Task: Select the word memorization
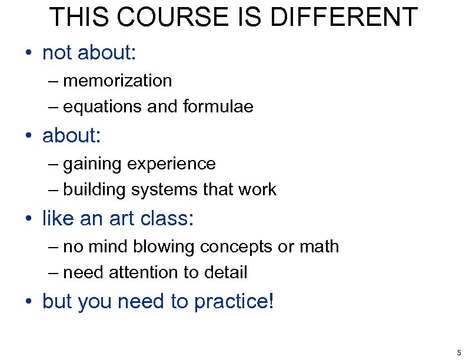pyautogui.click(x=118, y=81)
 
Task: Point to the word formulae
pyautogui.click(x=218, y=106)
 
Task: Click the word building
pyautogui.click(x=94, y=190)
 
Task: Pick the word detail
pyautogui.click(x=226, y=272)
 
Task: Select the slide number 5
pyautogui.click(x=458, y=353)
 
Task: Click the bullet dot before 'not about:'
pyautogui.click(x=28, y=54)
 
